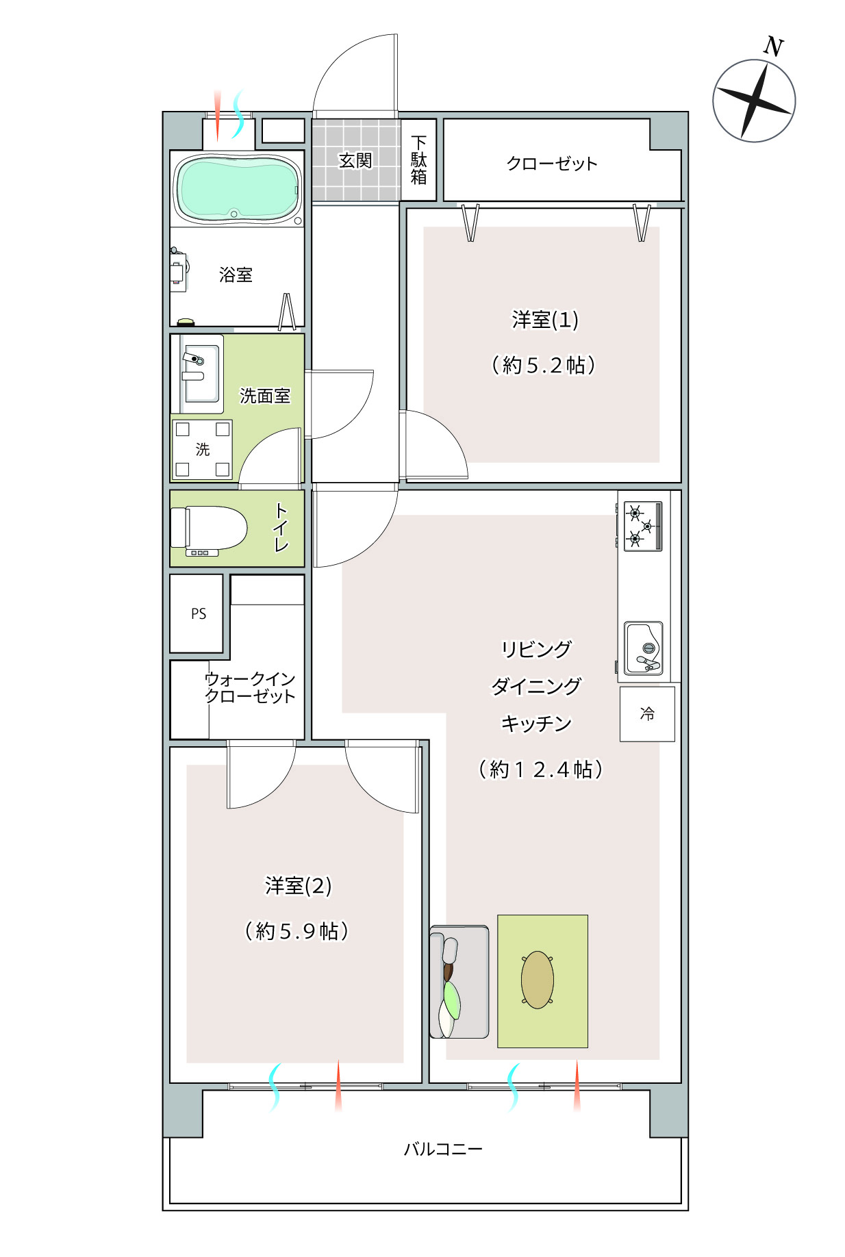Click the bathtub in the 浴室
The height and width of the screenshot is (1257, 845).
[238, 188]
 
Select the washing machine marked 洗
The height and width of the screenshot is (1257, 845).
[202, 449]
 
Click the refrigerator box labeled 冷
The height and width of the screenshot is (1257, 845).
[647, 714]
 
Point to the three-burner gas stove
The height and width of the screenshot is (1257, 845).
[642, 526]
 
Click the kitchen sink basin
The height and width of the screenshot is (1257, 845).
[644, 648]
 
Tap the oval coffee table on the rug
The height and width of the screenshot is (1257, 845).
[538, 980]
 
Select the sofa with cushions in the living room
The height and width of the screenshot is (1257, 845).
[459, 982]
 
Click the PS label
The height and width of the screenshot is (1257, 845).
[199, 614]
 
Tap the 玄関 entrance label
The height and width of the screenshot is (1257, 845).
[355, 160]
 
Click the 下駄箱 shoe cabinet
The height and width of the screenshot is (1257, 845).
[418, 160]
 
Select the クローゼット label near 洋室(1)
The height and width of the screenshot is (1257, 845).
[552, 163]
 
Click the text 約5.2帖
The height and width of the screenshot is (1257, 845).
[544, 365]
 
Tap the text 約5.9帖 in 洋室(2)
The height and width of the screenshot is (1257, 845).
[297, 931]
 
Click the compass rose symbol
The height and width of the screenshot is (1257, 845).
[754, 101]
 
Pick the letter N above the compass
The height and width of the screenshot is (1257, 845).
[773, 47]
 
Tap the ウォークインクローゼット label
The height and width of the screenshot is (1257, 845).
[250, 687]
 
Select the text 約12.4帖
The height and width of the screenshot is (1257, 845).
[540, 770]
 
